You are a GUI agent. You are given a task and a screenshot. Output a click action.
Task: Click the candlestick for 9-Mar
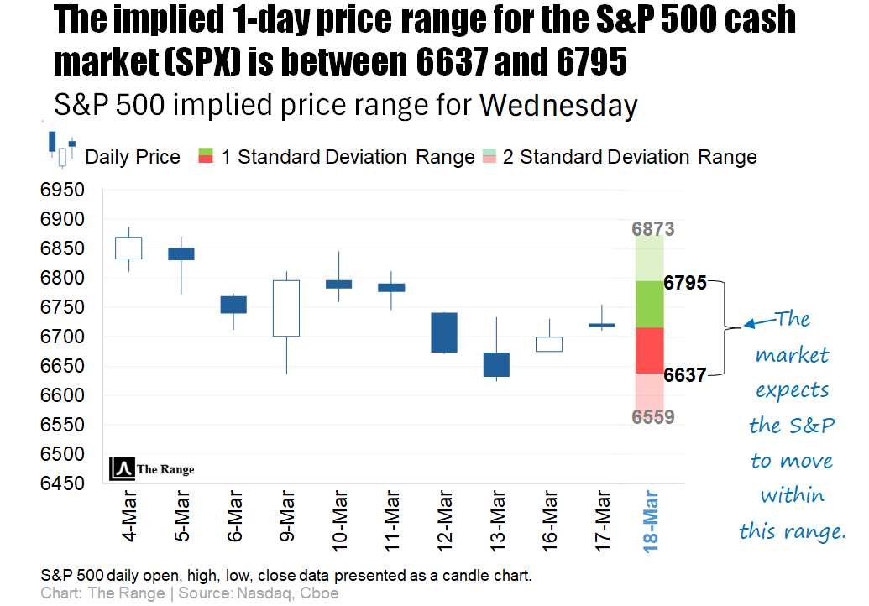pos(287,308)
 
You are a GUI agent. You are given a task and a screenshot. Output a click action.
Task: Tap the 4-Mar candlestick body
pos(128,248)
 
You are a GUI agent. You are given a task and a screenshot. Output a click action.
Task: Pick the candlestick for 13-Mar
pos(496,364)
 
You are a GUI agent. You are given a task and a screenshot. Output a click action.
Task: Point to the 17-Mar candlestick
pos(601,325)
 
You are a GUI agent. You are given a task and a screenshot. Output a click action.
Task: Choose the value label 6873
pos(653,229)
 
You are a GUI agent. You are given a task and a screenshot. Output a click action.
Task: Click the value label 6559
pos(653,416)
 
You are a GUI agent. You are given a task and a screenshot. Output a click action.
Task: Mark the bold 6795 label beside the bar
pos(685,283)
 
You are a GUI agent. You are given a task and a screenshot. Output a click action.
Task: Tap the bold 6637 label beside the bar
pos(685,375)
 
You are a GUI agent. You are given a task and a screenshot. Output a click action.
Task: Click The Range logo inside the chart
pos(152,468)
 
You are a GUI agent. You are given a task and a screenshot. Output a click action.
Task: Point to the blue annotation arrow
pos(758,322)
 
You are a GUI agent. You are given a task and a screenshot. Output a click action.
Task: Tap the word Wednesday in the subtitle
pos(558,107)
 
